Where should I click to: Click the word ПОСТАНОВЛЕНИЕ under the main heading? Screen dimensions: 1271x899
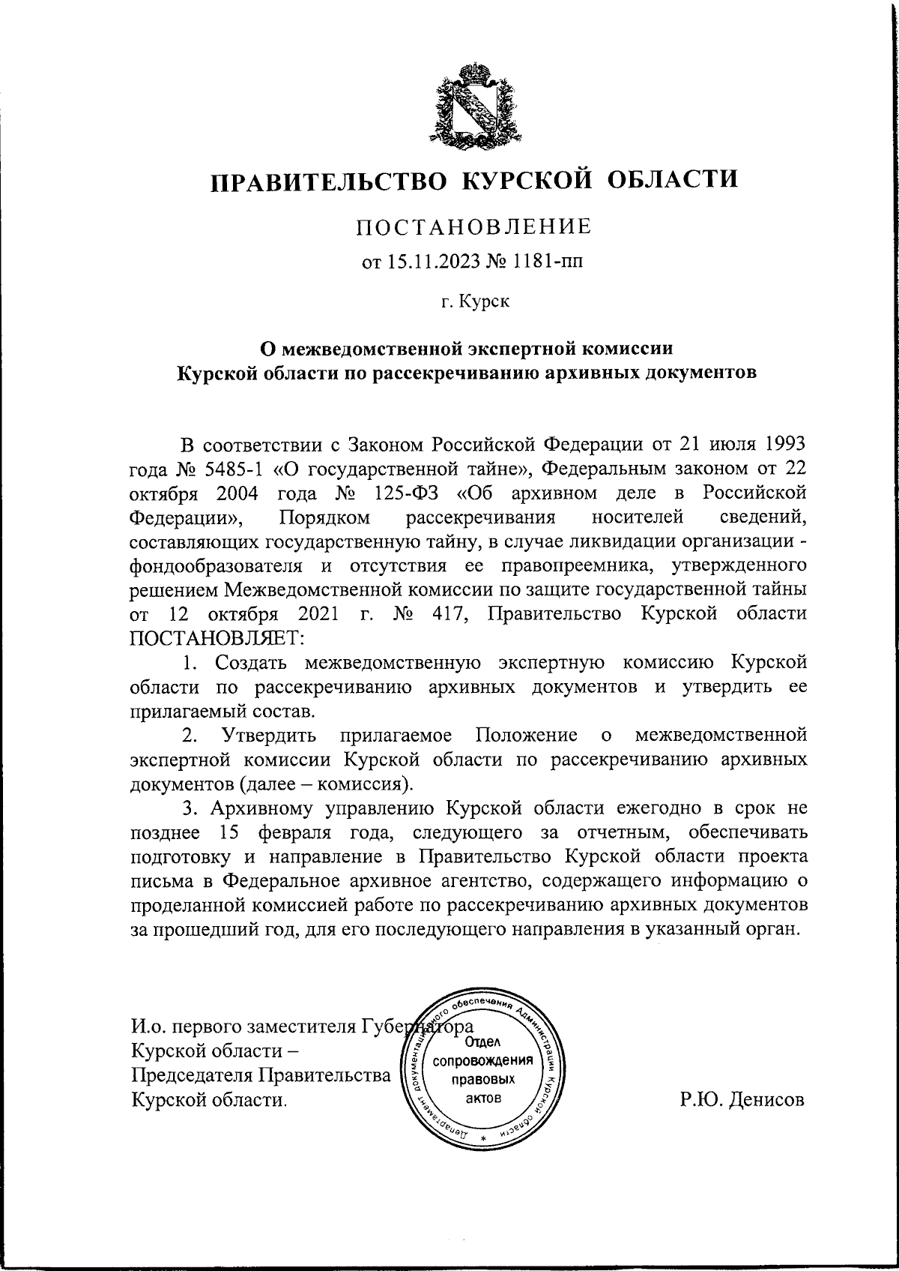(473, 226)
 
